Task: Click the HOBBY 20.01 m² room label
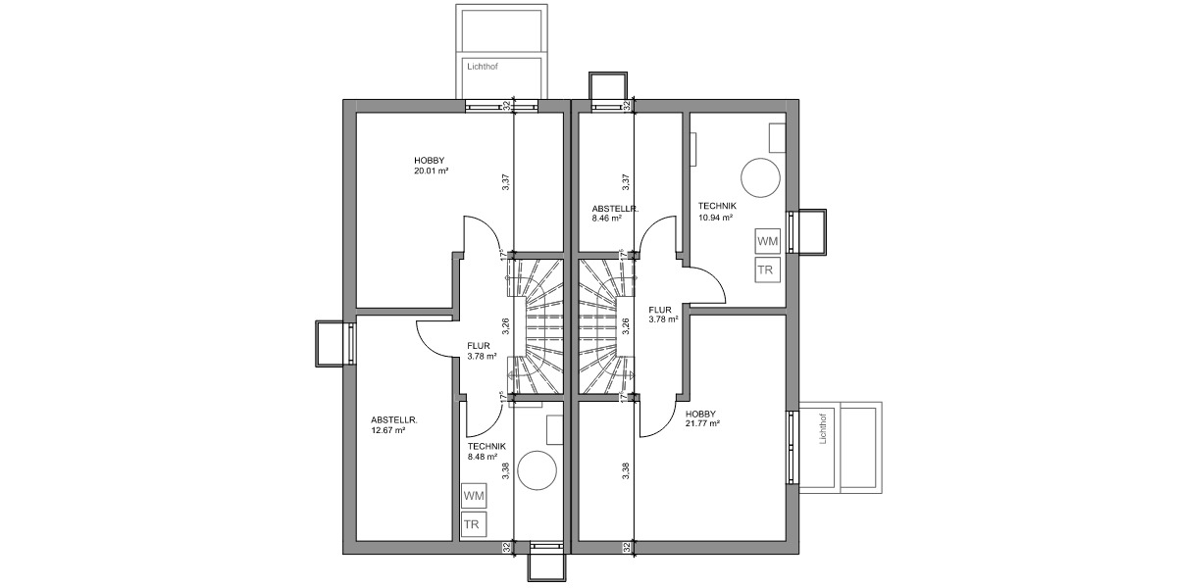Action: [x=431, y=166]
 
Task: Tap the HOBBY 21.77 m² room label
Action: [x=702, y=418]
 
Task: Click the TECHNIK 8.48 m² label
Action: [x=486, y=451]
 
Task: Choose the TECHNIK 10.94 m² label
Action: [x=717, y=212]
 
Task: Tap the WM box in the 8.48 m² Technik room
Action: [x=474, y=497]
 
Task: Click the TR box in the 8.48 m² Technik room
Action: [x=473, y=525]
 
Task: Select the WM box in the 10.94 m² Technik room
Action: [x=768, y=241]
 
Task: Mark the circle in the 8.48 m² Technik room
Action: [x=537, y=470]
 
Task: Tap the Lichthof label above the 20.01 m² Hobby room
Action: [x=481, y=68]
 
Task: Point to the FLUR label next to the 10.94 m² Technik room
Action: [x=660, y=313]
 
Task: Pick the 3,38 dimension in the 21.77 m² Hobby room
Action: [x=626, y=471]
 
